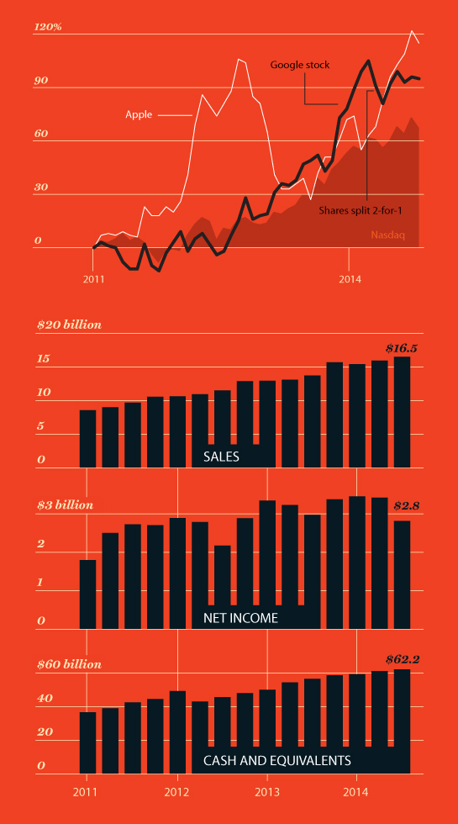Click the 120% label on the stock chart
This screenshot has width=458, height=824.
pyautogui.click(x=48, y=27)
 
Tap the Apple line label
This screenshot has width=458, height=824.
pyautogui.click(x=139, y=114)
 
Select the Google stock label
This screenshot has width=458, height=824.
pyautogui.click(x=300, y=65)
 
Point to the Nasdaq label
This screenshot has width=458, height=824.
pyautogui.click(x=388, y=235)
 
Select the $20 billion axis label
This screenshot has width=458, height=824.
pyautogui.click(x=69, y=325)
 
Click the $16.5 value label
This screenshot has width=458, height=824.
pyautogui.click(x=402, y=346)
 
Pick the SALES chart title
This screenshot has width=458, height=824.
pyautogui.click(x=221, y=457)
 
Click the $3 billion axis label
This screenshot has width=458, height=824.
pyautogui.click(x=66, y=505)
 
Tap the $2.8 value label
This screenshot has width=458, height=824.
pyautogui.click(x=406, y=506)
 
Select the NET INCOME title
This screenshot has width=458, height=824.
pyautogui.click(x=240, y=618)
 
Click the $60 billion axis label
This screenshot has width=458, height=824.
pyautogui.click(x=69, y=664)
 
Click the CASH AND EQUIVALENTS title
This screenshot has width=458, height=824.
pyautogui.click(x=276, y=760)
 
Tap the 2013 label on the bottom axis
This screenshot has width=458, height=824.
pyautogui.click(x=267, y=792)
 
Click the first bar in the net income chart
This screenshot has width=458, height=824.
pyautogui.click(x=87, y=594)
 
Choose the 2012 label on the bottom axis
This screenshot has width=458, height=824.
pyautogui.click(x=176, y=792)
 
